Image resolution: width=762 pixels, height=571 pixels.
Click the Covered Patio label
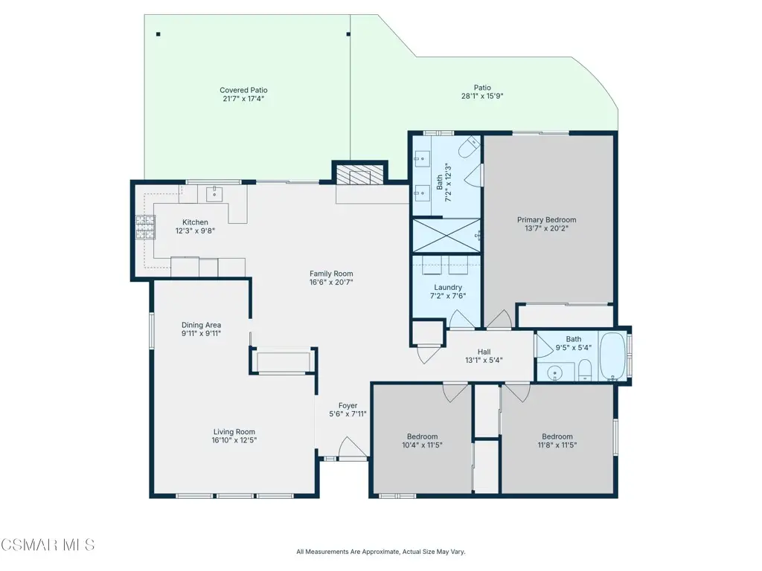(243, 90)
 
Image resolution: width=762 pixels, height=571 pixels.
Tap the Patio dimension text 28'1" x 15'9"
(482, 96)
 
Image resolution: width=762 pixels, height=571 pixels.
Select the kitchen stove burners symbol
(145, 228)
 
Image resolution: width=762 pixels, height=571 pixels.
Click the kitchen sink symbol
(214, 194)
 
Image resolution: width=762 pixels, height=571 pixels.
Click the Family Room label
(331, 274)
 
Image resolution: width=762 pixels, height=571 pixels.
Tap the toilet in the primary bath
(470, 147)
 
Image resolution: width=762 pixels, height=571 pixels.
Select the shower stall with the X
(446, 236)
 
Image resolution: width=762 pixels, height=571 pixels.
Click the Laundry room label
(448, 288)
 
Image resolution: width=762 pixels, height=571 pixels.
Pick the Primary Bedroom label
(547, 220)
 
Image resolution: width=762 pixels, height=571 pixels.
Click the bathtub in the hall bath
(612, 356)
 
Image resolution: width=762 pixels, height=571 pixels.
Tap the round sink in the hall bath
(554, 373)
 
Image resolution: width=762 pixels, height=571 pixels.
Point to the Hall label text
(484, 352)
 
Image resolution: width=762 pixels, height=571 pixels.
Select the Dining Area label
(201, 325)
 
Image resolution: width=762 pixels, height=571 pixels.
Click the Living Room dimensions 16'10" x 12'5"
(234, 440)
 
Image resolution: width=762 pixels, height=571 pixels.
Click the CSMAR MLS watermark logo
(48, 545)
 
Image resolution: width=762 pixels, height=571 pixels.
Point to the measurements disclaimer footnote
(381, 552)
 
